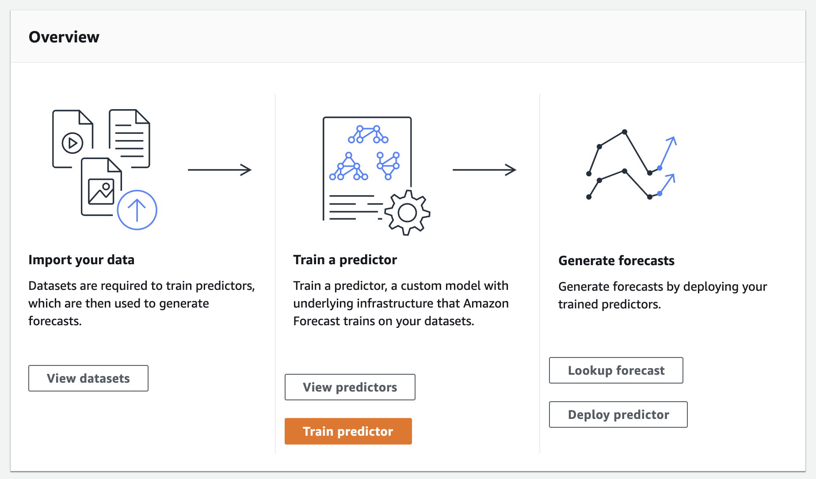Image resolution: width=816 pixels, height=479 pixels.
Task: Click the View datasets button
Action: [x=88, y=378]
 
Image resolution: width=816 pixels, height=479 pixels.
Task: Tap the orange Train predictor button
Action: [x=348, y=431]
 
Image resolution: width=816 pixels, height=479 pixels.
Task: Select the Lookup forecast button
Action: [x=616, y=370]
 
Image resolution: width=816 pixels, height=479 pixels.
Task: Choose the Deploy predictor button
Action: [x=618, y=414]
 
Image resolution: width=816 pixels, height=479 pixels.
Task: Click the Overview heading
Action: [x=64, y=37]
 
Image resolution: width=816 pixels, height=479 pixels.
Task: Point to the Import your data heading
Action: [x=81, y=260]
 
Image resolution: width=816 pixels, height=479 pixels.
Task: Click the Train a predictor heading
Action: [x=345, y=260]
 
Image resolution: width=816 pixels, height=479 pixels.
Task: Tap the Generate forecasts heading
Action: [x=616, y=261]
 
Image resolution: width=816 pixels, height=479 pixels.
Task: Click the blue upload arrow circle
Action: [x=137, y=210]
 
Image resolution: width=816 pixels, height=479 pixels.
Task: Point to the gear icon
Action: [x=407, y=213]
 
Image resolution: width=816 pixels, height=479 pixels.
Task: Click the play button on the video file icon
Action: [x=72, y=143]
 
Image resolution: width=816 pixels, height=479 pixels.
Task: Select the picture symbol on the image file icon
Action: [x=101, y=191]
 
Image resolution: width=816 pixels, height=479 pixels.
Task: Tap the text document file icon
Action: [x=130, y=138]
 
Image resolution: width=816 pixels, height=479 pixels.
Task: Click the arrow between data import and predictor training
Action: [x=220, y=170]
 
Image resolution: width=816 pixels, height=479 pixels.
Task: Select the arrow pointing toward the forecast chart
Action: [x=484, y=170]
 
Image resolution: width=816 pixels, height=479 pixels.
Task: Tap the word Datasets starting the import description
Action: [x=53, y=286]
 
